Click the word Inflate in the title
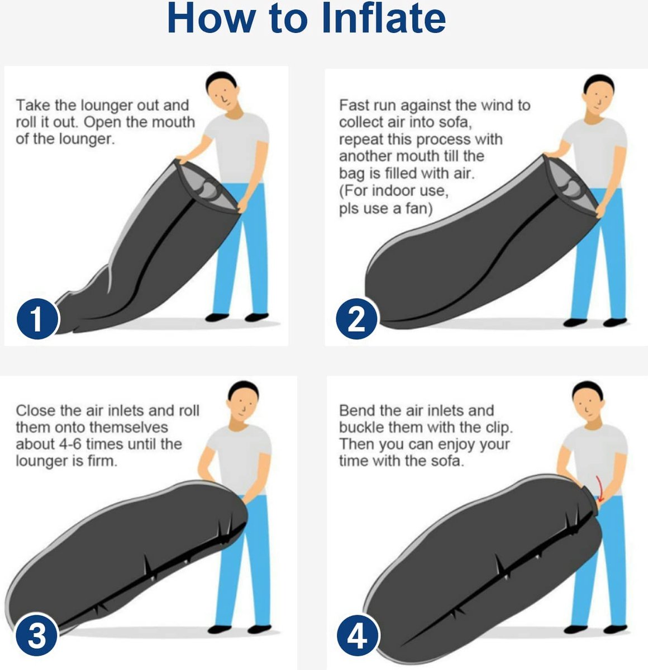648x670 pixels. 383,18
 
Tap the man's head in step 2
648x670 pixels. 599,95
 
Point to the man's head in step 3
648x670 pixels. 243,401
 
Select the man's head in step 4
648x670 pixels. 588,401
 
